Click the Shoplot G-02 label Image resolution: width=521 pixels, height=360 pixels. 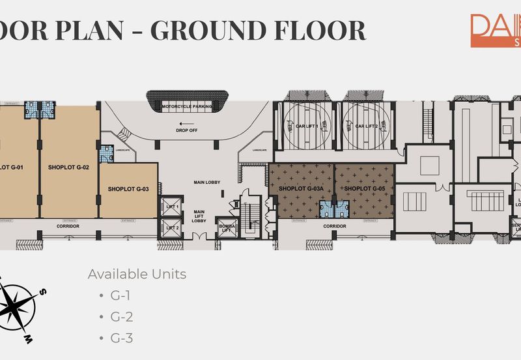(68, 168)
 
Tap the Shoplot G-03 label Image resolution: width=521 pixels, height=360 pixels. (129, 189)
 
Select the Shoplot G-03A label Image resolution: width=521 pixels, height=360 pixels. (302, 189)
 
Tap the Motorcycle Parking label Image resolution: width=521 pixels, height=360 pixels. (189, 107)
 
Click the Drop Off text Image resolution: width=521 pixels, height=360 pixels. (187, 130)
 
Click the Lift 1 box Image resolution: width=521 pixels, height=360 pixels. (173, 207)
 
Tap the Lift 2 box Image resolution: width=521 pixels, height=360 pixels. (173, 228)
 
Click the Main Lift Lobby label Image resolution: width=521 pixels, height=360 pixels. (199, 216)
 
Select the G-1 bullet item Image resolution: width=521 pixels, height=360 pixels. (120, 295)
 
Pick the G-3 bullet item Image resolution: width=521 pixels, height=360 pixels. (121, 338)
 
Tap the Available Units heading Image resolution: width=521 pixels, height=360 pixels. (137, 274)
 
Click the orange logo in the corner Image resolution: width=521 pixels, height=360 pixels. (496, 30)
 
